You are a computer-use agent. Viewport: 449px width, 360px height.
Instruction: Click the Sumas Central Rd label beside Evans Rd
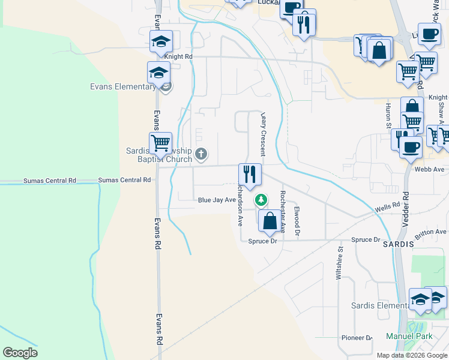(124, 180)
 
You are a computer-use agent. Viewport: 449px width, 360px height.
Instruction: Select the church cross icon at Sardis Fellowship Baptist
(201, 155)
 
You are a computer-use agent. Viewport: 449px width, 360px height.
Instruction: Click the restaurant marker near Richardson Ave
(250, 175)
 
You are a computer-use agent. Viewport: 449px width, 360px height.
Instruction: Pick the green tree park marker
(261, 199)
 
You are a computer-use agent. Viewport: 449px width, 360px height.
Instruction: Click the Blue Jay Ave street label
(216, 200)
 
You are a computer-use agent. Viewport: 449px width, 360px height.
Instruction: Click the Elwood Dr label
(297, 220)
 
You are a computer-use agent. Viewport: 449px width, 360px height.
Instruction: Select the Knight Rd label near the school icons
(178, 56)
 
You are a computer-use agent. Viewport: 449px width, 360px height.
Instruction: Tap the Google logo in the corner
(20, 353)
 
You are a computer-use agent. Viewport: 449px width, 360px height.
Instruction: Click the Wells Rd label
(387, 207)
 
